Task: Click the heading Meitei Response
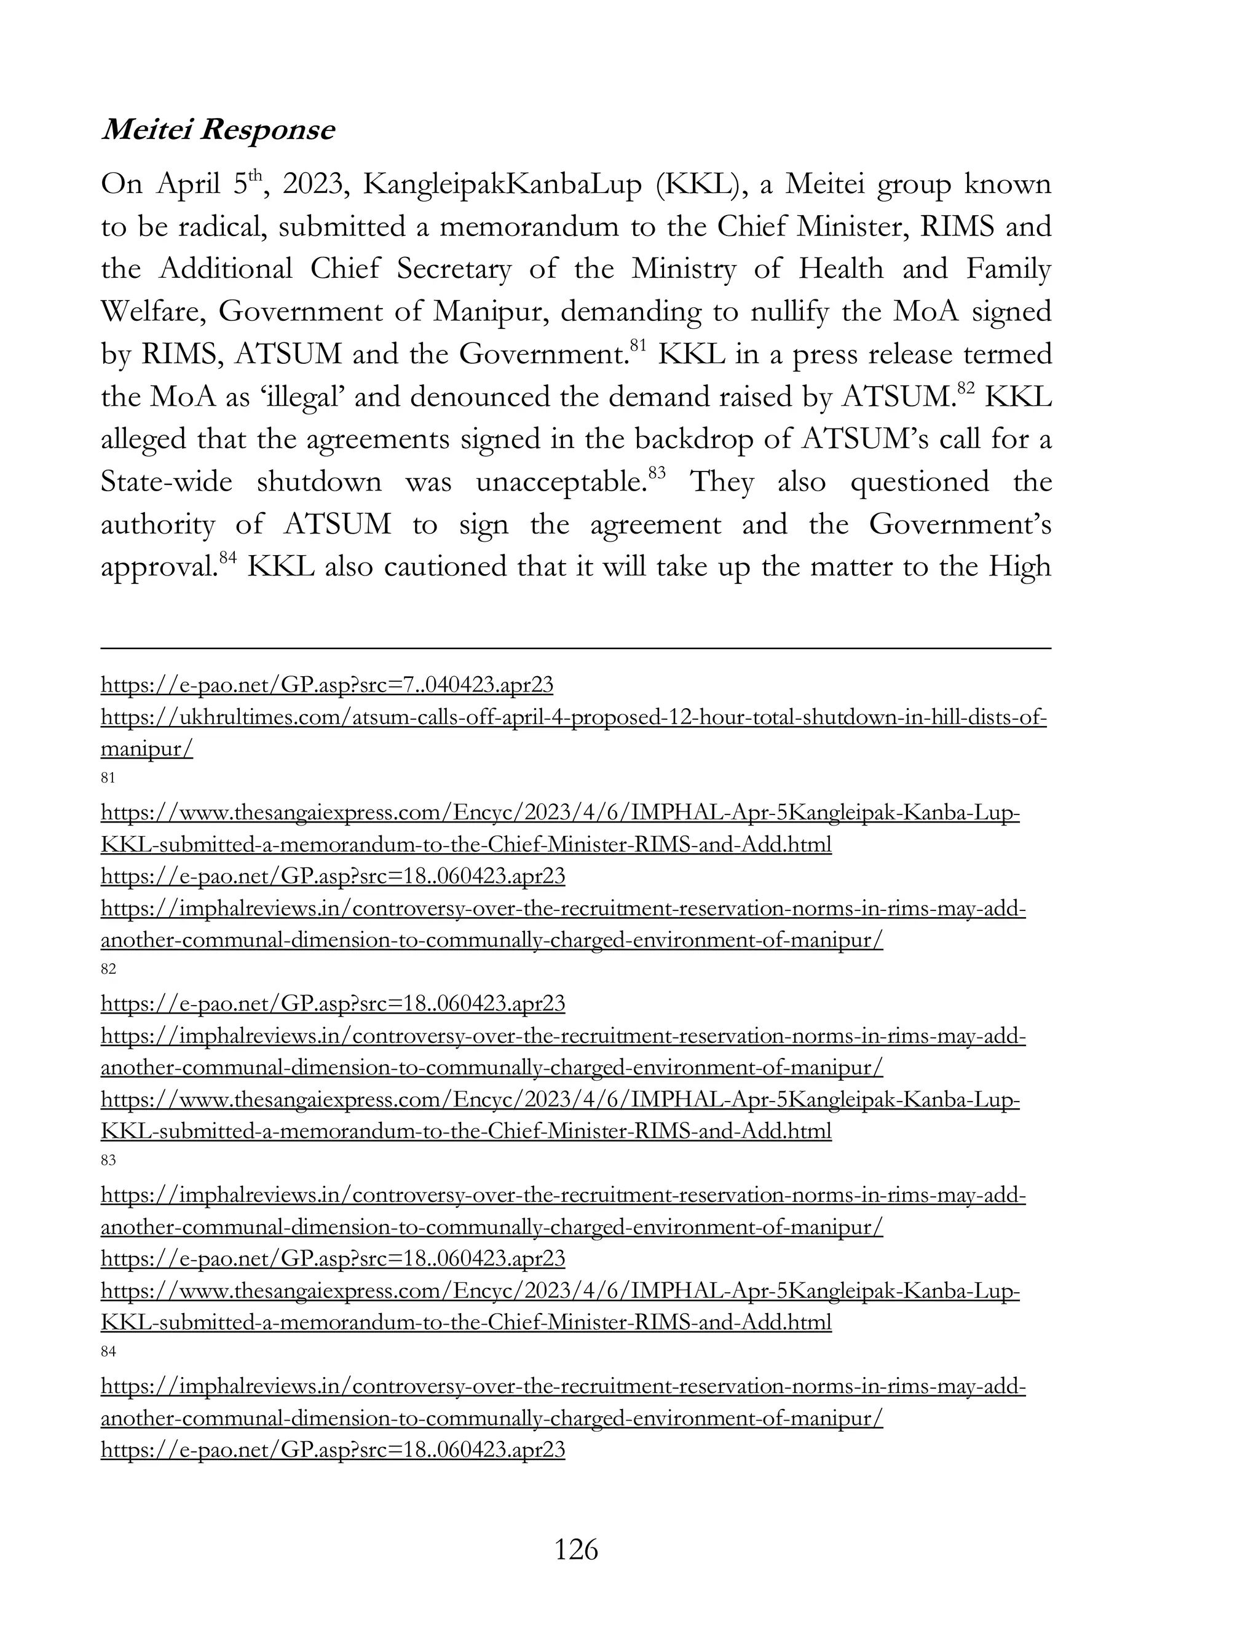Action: coord(218,130)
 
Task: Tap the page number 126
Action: coord(576,1549)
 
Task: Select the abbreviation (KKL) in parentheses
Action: coord(698,184)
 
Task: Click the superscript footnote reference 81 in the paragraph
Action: coord(637,345)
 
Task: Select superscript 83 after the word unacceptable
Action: coord(657,473)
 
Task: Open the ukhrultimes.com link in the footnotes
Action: coord(574,718)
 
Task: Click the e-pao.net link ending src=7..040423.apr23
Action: coord(326,685)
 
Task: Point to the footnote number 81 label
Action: coord(108,778)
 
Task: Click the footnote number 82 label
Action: coord(108,969)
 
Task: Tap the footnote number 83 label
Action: coord(108,1161)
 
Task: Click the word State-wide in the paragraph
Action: coord(167,482)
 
